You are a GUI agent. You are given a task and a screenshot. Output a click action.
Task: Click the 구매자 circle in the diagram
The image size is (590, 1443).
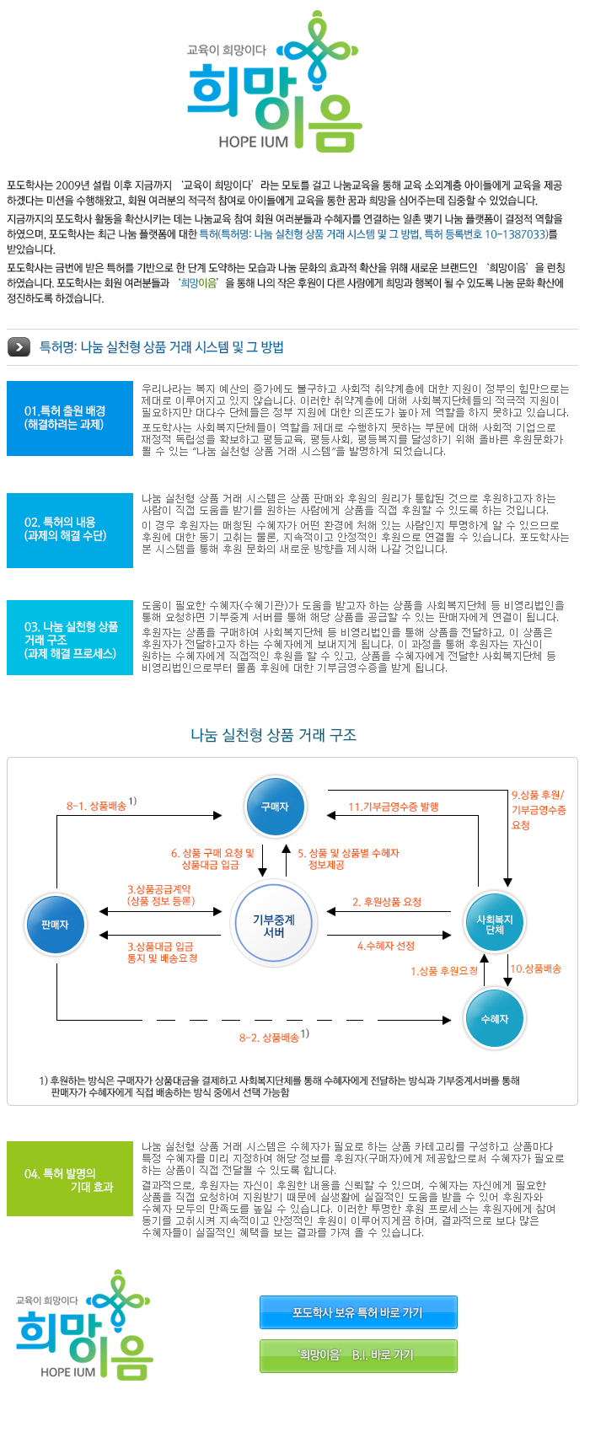[275, 807]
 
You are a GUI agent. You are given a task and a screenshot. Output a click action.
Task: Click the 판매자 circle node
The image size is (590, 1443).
[56, 925]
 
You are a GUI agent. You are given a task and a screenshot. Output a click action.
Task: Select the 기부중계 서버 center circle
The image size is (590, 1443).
[274, 925]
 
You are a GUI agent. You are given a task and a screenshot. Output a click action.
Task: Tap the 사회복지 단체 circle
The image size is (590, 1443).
[494, 925]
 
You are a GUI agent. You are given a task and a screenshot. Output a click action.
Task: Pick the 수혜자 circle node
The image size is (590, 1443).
[494, 1019]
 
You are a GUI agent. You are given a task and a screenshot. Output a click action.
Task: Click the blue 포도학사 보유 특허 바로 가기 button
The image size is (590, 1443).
[358, 1312]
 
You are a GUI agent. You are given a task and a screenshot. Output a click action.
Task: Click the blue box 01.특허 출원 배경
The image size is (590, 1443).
[70, 418]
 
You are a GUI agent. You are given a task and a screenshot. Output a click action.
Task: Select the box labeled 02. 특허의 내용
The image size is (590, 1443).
[70, 529]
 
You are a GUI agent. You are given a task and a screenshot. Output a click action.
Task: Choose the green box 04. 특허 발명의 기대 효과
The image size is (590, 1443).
[70, 1179]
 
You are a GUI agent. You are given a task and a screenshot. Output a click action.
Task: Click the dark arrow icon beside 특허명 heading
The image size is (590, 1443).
[19, 346]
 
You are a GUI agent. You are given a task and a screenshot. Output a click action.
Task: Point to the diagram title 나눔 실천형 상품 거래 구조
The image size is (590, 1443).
[274, 735]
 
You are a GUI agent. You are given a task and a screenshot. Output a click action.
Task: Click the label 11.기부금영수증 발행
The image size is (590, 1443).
[394, 807]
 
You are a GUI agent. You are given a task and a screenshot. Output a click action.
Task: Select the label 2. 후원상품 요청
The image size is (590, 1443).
[387, 902]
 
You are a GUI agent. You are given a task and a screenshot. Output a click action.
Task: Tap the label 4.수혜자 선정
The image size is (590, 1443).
[386, 946]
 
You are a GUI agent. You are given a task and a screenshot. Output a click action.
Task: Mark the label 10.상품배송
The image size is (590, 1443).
[536, 968]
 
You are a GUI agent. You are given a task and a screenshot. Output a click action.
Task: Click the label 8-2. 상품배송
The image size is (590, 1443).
[270, 1038]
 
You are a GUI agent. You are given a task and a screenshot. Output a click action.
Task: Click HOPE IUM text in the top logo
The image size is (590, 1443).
[253, 142]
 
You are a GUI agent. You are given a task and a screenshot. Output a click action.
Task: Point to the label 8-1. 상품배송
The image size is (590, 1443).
[97, 806]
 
